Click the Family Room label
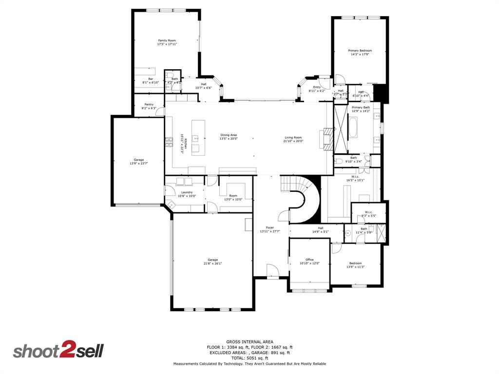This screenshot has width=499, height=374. pos(167,40)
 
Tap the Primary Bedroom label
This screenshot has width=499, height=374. pos(360,51)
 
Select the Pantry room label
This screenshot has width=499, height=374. pos(148,104)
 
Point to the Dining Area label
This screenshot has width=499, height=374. pos(228,135)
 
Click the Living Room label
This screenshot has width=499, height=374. pos(293,137)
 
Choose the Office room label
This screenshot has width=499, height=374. pos(309,260)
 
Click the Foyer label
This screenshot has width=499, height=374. pos(269,227)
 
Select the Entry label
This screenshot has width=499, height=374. pos(317,87)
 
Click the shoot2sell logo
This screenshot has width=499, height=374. pos(58,351)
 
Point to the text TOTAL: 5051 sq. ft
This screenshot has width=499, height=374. pos(249,358)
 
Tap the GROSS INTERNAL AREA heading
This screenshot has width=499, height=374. pos(249,341)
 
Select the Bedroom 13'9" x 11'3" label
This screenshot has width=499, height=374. pos(355,263)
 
